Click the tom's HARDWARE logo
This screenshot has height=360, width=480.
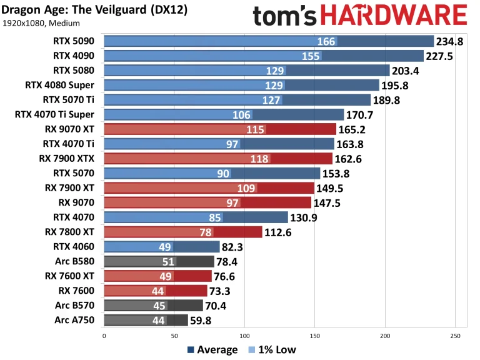(359, 16)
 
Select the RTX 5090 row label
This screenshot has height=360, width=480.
(74, 41)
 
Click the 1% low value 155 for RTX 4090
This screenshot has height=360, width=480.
(311, 56)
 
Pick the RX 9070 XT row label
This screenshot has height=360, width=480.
(69, 129)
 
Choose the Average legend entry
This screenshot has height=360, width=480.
(212, 349)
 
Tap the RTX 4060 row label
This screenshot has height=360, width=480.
(74, 246)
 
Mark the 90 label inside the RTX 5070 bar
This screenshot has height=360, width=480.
(223, 173)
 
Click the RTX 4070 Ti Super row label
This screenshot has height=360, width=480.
(54, 114)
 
